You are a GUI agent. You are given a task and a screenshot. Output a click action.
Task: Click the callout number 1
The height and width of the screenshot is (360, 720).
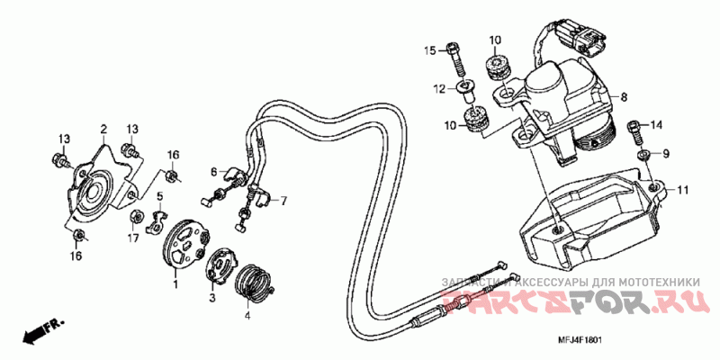(x=175, y=284)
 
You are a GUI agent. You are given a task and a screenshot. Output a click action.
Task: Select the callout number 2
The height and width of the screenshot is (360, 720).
(x=103, y=129)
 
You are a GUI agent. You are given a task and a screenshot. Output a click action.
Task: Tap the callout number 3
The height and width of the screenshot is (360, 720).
(x=212, y=296)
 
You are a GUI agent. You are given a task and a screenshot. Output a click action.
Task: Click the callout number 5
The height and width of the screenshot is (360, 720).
(x=158, y=196)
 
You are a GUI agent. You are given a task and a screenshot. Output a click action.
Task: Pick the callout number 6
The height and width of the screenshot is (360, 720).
(x=214, y=171)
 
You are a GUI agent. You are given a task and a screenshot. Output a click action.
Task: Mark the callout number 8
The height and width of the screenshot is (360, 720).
(x=623, y=95)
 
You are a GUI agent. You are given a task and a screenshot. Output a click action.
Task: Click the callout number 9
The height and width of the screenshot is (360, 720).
(x=667, y=154)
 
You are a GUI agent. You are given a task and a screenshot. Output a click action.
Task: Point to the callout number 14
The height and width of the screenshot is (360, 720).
(x=656, y=124)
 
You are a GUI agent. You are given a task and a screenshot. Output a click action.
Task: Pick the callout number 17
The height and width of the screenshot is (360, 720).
(x=131, y=238)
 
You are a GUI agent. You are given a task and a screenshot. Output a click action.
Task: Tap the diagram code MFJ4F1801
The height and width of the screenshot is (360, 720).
(x=577, y=339)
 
